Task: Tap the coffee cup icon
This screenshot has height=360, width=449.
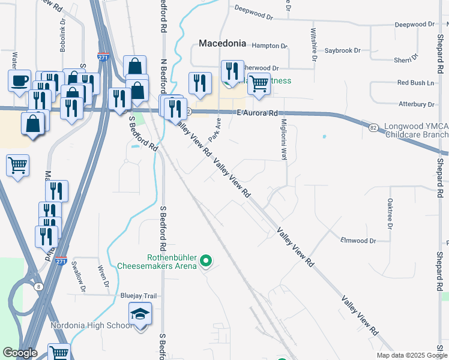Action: tap(20, 80)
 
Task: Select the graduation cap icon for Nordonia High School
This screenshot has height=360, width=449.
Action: tap(140, 314)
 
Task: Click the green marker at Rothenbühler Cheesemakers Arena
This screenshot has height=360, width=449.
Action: tap(206, 260)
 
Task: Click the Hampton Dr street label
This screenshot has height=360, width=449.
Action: tap(270, 46)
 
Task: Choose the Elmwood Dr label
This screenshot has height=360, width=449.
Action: tap(358, 241)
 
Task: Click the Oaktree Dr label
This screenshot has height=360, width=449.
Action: tap(390, 213)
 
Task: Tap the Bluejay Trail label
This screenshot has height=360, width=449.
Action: tap(139, 296)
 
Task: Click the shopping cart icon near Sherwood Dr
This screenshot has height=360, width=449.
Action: tap(259, 83)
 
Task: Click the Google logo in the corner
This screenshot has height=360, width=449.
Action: tap(19, 353)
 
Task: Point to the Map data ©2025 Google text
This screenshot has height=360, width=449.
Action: tap(411, 355)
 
